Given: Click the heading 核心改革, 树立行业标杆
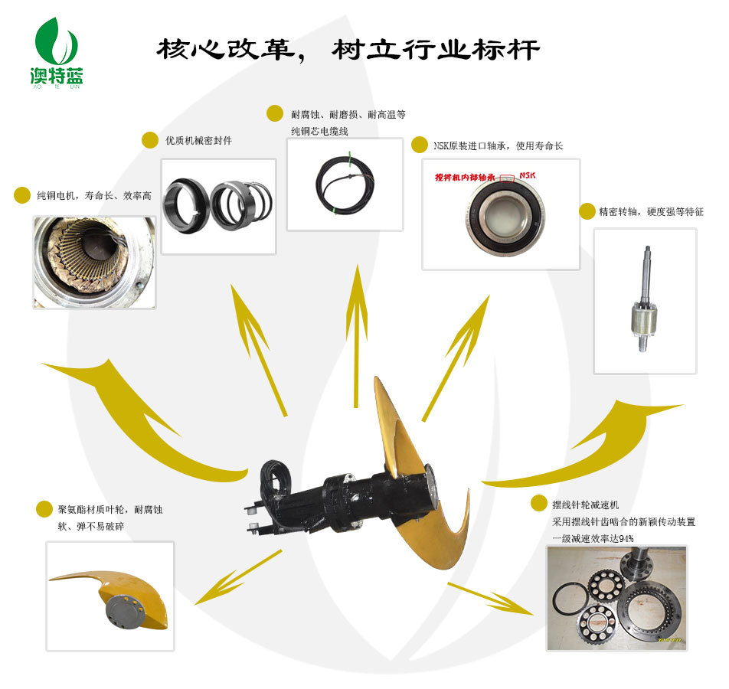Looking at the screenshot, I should pos(348,51).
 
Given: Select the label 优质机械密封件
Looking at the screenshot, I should pos(198,141).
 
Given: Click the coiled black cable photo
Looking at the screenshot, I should pos(345,184).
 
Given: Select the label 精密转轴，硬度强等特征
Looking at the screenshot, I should pos(651,211).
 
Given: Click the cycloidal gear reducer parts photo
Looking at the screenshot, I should pos(616,597).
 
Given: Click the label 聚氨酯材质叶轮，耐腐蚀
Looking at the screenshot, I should pos(112,509).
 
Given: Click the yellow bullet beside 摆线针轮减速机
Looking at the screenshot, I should pos(538,504).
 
